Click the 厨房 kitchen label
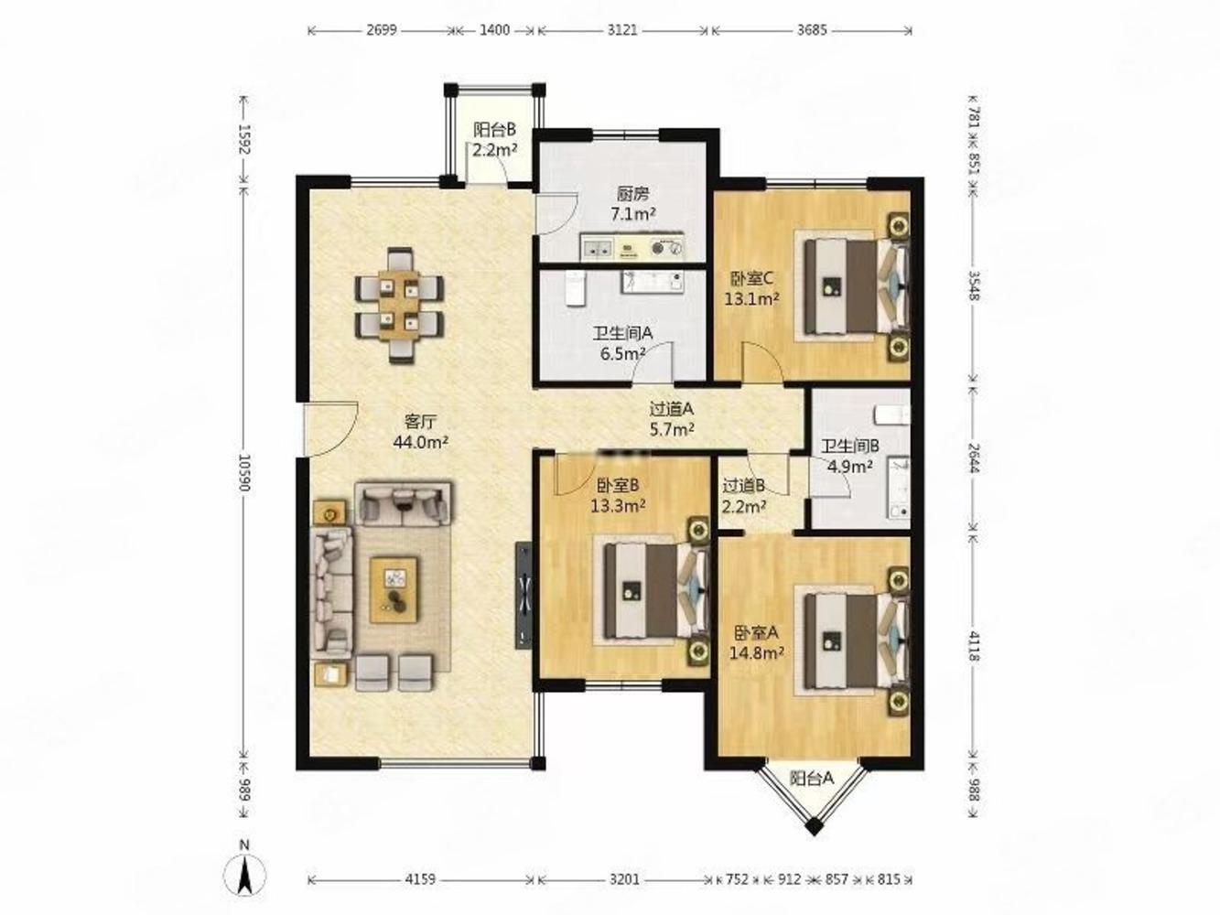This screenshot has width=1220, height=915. [633, 193]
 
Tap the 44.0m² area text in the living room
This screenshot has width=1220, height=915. [421, 442]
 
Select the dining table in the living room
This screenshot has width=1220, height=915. [399, 305]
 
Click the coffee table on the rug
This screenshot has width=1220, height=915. [394, 590]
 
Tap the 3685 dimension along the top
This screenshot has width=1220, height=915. [812, 30]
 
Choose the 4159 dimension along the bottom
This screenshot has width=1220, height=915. [420, 880]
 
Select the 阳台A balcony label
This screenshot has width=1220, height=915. [812, 779]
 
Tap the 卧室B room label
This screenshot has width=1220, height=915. [618, 486]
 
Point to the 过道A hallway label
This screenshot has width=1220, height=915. [672, 409]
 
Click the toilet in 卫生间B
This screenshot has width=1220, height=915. [892, 414]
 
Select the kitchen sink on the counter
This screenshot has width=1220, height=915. [597, 248]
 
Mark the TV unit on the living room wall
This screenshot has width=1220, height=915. [524, 595]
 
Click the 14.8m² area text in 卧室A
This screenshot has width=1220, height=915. [757, 652]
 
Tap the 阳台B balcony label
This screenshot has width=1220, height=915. [494, 129]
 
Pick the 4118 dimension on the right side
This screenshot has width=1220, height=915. [973, 646]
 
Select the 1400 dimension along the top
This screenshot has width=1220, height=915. [494, 30]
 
